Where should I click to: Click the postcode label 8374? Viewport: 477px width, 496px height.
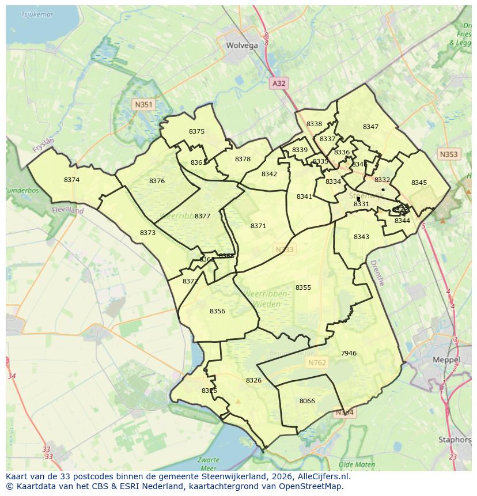pyautogui.click(x=71, y=180)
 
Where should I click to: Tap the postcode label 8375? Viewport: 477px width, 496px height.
pyautogui.click(x=196, y=132)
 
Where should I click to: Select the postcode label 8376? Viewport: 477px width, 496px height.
pyautogui.click(x=157, y=181)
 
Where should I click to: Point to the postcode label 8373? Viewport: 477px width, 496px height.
pyautogui.click(x=147, y=233)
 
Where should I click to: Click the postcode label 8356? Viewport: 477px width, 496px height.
pyautogui.click(x=217, y=312)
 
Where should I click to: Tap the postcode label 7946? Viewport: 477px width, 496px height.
pyautogui.click(x=349, y=354)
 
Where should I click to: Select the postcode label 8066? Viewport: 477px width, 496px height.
pyautogui.click(x=307, y=402)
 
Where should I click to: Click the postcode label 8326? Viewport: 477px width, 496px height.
pyautogui.click(x=253, y=381)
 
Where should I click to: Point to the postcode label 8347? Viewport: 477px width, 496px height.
pyautogui.click(x=370, y=127)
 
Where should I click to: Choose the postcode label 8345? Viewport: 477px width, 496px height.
pyautogui.click(x=419, y=183)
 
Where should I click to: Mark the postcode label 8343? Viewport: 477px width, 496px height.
pyautogui.click(x=361, y=237)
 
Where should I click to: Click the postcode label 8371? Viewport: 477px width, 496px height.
pyautogui.click(x=258, y=226)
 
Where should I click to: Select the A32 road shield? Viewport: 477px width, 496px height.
pyautogui.click(x=279, y=84)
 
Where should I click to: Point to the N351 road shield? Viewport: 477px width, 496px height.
pyautogui.click(x=143, y=104)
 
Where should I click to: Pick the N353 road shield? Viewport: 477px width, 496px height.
pyautogui.click(x=448, y=154)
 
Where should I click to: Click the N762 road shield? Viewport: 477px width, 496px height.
pyautogui.click(x=317, y=363)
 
